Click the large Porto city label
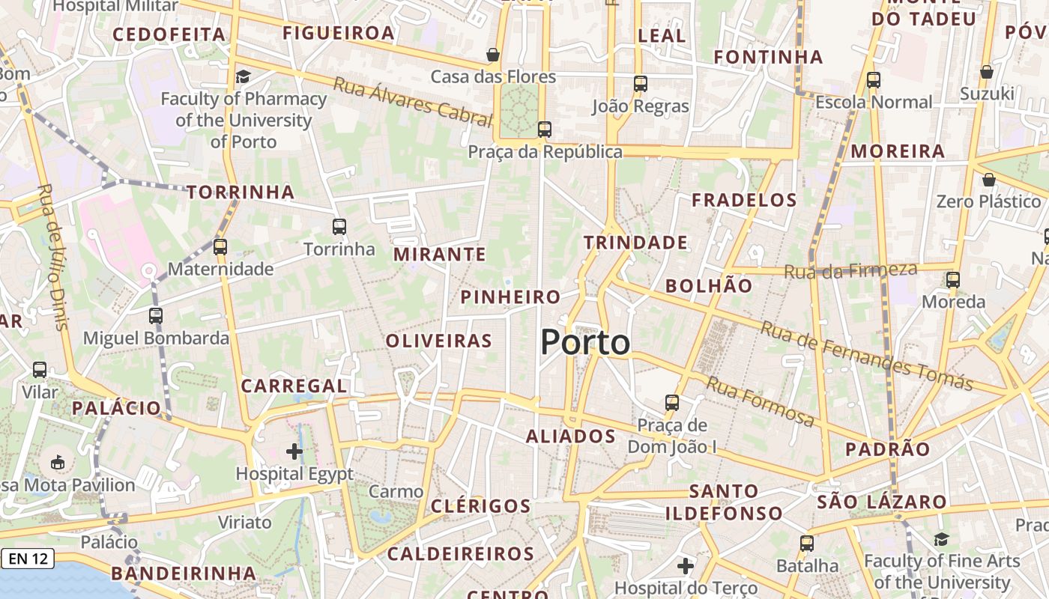585,343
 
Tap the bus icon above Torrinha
339,226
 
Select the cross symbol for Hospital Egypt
294,451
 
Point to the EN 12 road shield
28,559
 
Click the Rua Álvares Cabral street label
412,102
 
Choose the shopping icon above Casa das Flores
493,55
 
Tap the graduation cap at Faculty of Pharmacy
243,76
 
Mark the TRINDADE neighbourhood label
635,243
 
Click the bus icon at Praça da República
545,130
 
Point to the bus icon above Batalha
807,544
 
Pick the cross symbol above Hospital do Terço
686,566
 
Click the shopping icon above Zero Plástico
989,180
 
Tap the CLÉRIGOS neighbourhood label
480,506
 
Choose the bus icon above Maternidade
220,246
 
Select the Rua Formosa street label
760,401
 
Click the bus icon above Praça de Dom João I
672,403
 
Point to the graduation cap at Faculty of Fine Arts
942,539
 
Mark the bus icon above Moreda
953,280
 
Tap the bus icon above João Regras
641,84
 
